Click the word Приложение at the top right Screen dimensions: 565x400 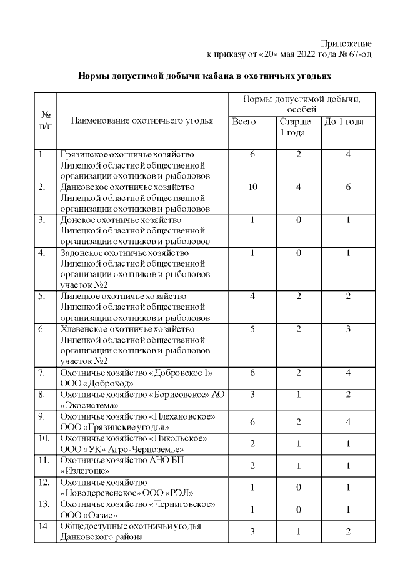click(x=346, y=44)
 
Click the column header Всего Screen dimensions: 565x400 click(x=244, y=122)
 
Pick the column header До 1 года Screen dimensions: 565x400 click(x=343, y=122)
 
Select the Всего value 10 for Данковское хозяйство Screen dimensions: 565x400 click(x=252, y=187)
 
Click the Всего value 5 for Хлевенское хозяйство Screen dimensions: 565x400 click(x=252, y=329)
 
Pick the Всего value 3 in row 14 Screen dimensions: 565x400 click(x=252, y=531)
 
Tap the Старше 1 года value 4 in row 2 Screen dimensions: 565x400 click(x=299, y=187)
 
